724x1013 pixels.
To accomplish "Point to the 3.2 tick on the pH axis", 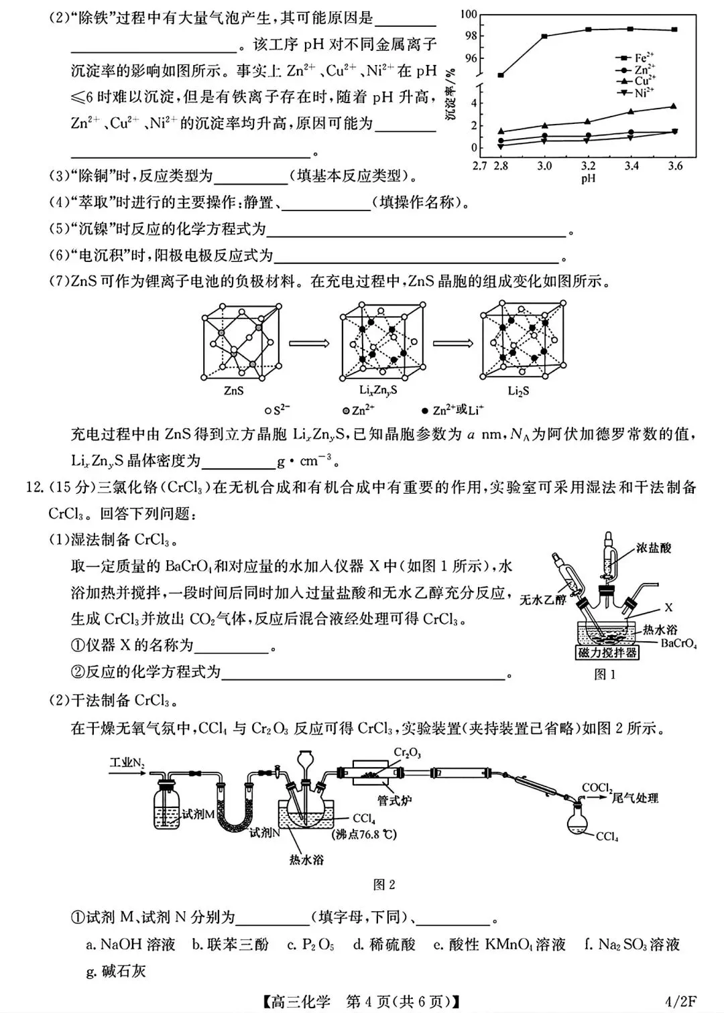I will click(x=588, y=166).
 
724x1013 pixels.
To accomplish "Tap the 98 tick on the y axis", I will click(x=471, y=36).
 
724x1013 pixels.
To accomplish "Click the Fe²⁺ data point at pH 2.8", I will click(x=501, y=75).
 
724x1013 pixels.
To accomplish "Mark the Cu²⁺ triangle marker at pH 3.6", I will click(x=674, y=106).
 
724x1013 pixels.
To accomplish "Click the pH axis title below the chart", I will click(x=588, y=179).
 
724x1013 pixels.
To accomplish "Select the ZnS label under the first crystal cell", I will click(x=234, y=391).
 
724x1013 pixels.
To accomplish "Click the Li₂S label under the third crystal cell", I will click(x=518, y=391).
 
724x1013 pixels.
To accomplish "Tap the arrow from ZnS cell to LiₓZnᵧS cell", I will click(x=310, y=343).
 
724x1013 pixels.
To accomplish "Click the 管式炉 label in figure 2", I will click(x=394, y=800).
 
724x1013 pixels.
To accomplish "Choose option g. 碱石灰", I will click(x=116, y=971).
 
